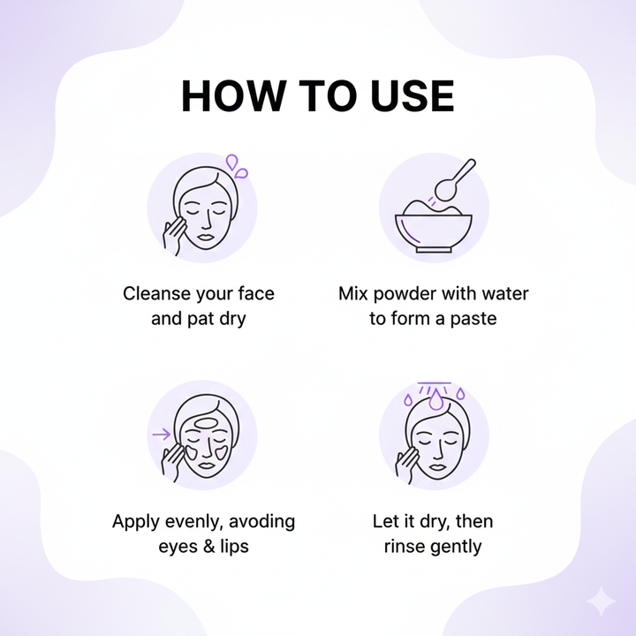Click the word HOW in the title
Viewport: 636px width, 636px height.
[231, 95]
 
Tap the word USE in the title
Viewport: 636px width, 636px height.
[413, 95]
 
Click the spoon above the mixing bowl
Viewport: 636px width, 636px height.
[454, 180]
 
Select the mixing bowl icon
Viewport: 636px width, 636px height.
[434, 226]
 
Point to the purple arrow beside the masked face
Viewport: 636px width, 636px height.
[162, 435]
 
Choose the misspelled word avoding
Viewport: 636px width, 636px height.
[261, 522]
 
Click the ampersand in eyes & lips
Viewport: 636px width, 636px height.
[208, 547]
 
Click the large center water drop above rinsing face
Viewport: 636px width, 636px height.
[436, 399]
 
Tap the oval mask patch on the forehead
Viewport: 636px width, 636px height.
[207, 424]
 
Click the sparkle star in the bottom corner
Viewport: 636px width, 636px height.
[602, 602]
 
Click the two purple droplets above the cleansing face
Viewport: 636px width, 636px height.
[237, 166]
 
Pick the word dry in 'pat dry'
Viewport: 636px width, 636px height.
[232, 319]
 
